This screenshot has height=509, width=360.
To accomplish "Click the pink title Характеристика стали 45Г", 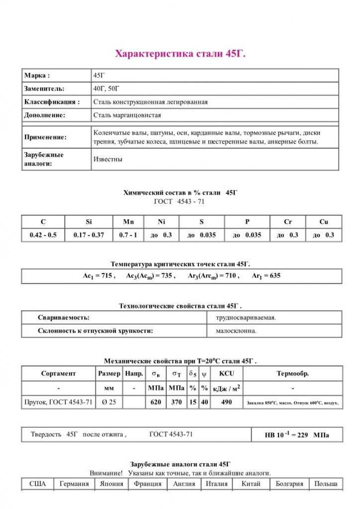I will [x=180, y=54].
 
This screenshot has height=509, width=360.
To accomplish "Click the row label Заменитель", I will [x=44, y=88].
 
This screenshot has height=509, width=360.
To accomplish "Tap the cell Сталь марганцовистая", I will [x=127, y=115].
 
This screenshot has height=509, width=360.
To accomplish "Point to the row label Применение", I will [x=45, y=137].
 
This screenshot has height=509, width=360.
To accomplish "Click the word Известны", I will [x=108, y=160].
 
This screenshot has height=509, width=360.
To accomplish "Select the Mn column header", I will [x=128, y=222].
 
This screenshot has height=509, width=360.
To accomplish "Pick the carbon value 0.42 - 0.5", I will [x=43, y=235].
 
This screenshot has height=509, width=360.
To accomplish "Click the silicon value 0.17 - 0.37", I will [x=89, y=235].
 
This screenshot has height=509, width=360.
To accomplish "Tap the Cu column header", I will [x=324, y=222].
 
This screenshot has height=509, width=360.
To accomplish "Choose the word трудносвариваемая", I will [x=246, y=317].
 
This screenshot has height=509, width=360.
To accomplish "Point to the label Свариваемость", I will [x=64, y=317].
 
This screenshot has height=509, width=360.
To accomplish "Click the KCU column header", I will [x=226, y=373].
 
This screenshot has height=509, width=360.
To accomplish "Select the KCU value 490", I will [x=226, y=402].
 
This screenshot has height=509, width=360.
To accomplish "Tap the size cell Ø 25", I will [x=108, y=402].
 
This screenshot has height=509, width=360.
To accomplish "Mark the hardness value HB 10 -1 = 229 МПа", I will [x=296, y=435].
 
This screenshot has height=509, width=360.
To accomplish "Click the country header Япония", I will [x=111, y=484].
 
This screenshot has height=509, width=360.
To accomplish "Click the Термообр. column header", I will [x=292, y=373].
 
